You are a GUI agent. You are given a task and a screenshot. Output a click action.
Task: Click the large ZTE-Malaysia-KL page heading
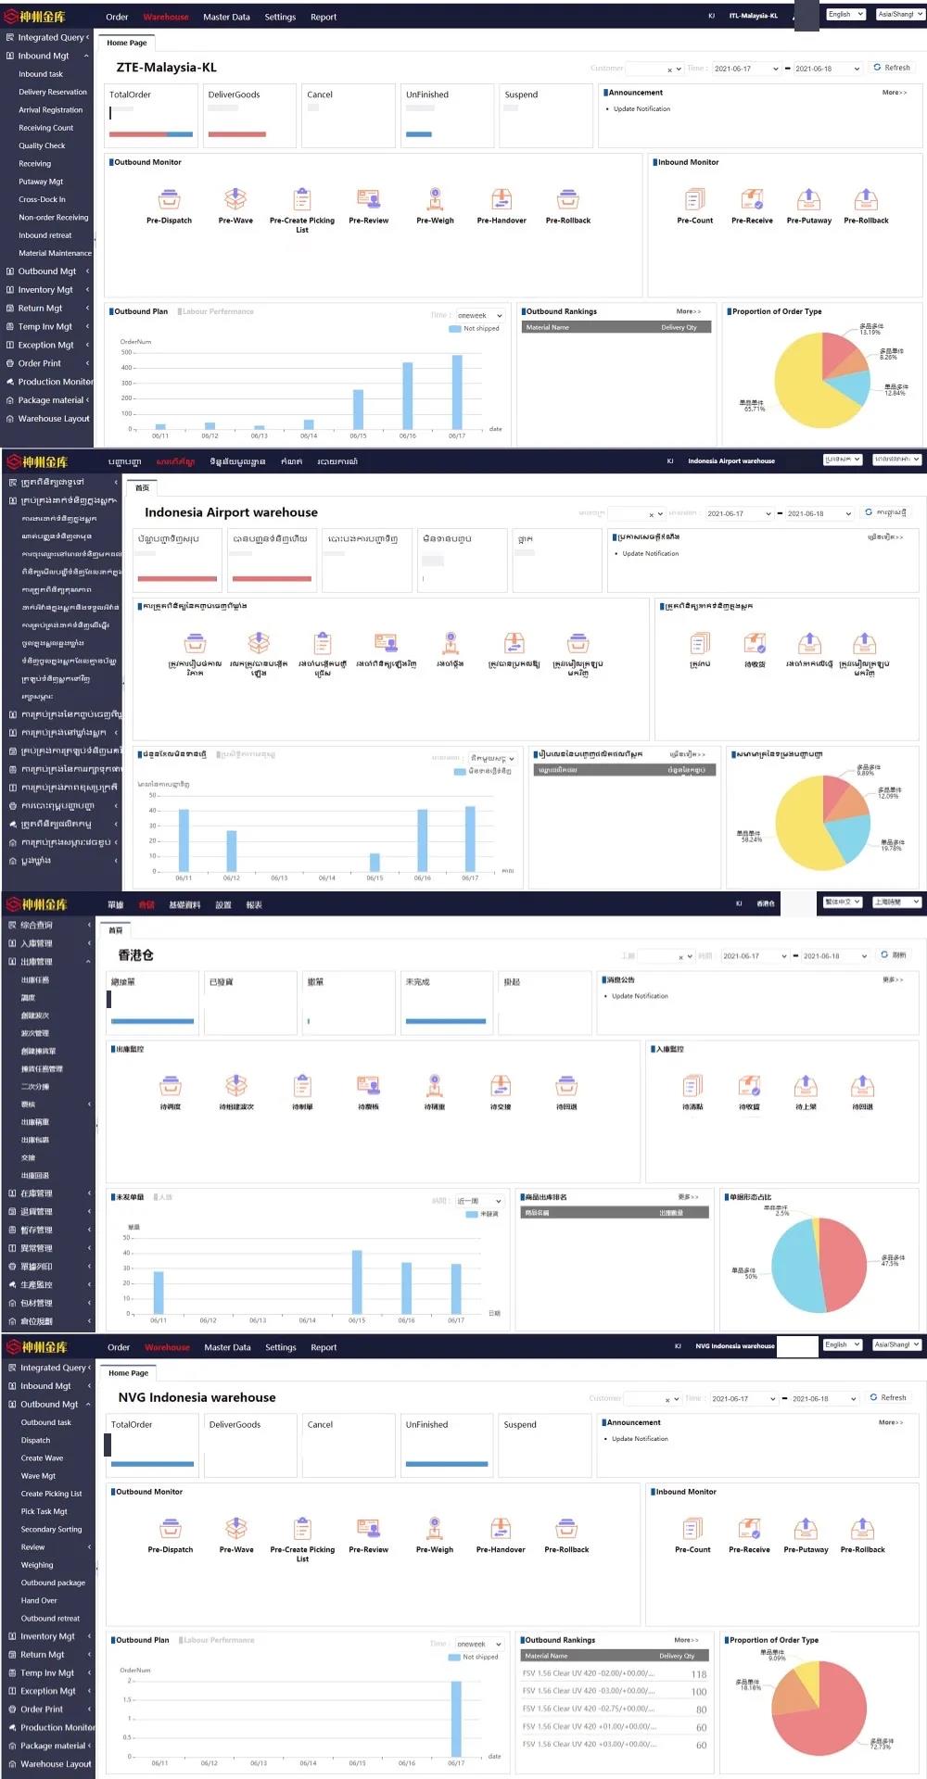[166, 68]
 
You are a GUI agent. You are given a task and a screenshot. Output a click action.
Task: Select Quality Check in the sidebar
[42, 145]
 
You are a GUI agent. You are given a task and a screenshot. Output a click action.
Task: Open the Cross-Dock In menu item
[42, 199]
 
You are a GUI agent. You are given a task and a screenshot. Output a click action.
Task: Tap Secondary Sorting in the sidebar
[51, 1530]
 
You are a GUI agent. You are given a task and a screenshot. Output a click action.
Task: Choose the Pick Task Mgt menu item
[44, 1511]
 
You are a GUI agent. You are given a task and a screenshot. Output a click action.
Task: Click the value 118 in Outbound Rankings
[699, 1674]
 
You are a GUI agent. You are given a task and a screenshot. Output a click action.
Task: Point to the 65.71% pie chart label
[754, 406]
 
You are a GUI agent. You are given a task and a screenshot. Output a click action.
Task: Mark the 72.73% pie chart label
[882, 1744]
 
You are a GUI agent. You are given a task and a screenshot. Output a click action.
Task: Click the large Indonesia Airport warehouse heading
[231, 512]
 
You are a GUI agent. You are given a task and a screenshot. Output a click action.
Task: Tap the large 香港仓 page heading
[135, 955]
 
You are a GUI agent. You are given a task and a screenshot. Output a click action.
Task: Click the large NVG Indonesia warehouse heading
[197, 1397]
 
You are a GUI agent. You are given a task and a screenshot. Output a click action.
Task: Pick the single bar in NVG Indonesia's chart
[456, 1719]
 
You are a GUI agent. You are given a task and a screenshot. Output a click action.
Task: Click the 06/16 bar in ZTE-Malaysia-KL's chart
[408, 396]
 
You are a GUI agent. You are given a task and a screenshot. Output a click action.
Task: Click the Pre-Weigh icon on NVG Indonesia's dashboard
[435, 1528]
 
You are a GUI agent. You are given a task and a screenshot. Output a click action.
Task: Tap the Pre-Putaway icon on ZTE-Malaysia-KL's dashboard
[808, 199]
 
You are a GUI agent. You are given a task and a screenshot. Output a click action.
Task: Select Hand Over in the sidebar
[39, 1600]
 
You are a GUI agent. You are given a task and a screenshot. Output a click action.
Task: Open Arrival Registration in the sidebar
[50, 110]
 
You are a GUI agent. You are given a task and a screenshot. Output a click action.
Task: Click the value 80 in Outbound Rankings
[701, 1710]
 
